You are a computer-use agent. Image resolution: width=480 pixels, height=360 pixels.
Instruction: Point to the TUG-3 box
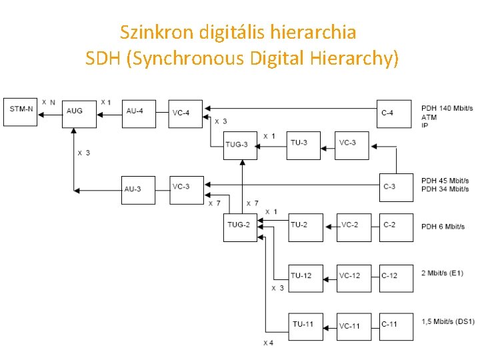click(x=240, y=145)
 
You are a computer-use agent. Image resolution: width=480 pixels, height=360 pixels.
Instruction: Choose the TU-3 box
click(x=304, y=145)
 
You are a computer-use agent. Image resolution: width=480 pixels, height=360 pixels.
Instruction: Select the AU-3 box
click(x=138, y=190)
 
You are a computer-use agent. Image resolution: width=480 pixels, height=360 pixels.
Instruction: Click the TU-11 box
click(x=305, y=326)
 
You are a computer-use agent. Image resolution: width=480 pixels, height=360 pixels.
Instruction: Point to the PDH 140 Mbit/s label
click(x=447, y=108)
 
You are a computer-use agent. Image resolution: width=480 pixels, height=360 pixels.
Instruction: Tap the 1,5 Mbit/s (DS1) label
click(x=448, y=321)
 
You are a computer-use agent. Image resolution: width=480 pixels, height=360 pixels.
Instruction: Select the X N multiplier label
click(x=49, y=102)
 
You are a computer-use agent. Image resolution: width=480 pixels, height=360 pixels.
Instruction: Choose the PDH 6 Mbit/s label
click(x=443, y=227)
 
